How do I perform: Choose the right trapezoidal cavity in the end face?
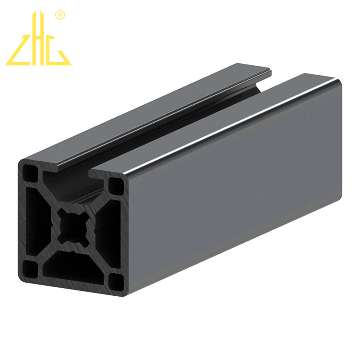coord(109,232)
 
